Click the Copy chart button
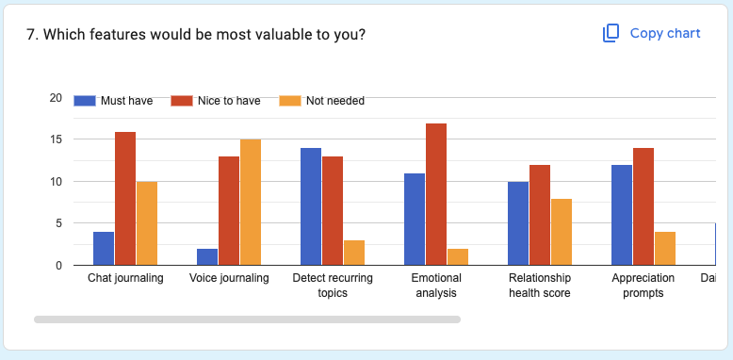pyautogui.click(x=652, y=33)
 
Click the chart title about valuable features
pyautogui.click(x=196, y=34)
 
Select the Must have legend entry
pyautogui.click(x=119, y=101)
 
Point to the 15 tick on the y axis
pyautogui.click(x=56, y=139)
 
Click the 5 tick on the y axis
pyautogui.click(x=58, y=223)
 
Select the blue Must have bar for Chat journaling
pyautogui.click(x=104, y=249)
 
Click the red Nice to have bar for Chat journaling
pyautogui.click(x=125, y=199)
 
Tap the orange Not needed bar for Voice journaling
pyautogui.click(x=251, y=203)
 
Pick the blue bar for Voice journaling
pyautogui.click(x=207, y=256)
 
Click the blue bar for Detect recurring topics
pyautogui.click(x=311, y=206)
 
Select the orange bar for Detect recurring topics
pyautogui.click(x=354, y=253)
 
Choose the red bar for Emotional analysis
pyautogui.click(x=435, y=194)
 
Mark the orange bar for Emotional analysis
pyautogui.click(x=458, y=256)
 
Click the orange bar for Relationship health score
pyautogui.click(x=562, y=232)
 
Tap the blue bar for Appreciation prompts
pyautogui.click(x=622, y=215)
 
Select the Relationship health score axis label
pyautogui.click(x=539, y=286)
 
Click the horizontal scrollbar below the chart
pyautogui.click(x=247, y=319)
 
